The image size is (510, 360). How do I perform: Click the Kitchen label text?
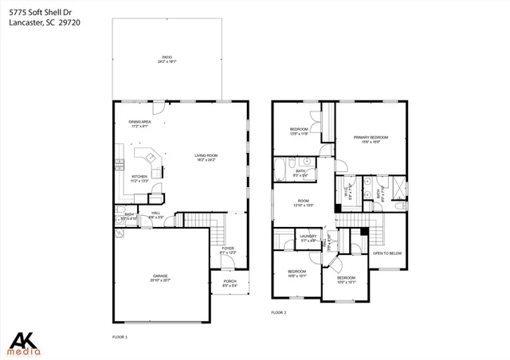coord(139,177)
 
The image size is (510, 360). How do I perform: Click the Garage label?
coord(160,277)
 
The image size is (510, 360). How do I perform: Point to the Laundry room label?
coord(308,237)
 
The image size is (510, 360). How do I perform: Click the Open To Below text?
coord(387,253)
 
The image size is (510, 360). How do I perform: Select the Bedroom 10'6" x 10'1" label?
coord(296,272)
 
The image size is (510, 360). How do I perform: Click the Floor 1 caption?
coord(120,338)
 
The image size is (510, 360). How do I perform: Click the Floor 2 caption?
coord(279,312)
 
